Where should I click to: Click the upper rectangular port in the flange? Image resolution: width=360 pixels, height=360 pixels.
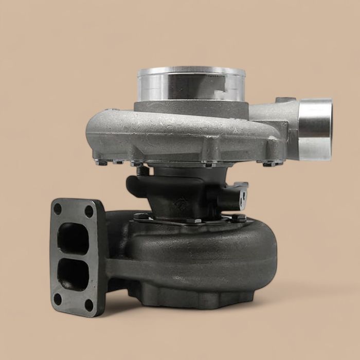pyautogui.click(x=73, y=238)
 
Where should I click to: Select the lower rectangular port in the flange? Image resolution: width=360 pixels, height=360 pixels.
pyautogui.click(x=73, y=274)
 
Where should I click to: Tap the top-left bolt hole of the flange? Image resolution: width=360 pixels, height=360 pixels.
pyautogui.click(x=58, y=209)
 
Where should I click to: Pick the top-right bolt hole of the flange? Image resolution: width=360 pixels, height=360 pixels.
pyautogui.click(x=89, y=211)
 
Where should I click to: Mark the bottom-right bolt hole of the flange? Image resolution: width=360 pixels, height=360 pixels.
pyautogui.click(x=89, y=304)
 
